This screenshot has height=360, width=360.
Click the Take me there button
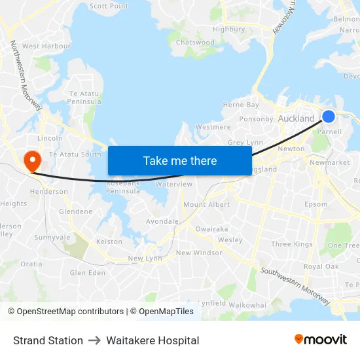pyautogui.click(x=180, y=160)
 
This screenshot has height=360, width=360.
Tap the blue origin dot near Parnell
pyautogui.click(x=329, y=117)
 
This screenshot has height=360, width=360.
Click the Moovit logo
pyautogui.click(x=321, y=340)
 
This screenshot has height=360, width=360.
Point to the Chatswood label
pyautogui.click(x=195, y=43)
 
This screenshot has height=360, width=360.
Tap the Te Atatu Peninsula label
pyautogui.click(x=85, y=98)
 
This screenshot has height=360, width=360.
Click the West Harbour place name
pyautogui.click(x=46, y=46)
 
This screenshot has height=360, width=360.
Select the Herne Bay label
pyautogui.click(x=241, y=105)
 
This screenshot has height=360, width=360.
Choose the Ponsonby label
pyautogui.click(x=256, y=119)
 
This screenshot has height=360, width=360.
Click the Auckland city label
pyautogui.click(x=296, y=118)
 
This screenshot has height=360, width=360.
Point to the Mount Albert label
pyautogui.click(x=206, y=205)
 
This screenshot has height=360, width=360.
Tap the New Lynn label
pyautogui.click(x=145, y=259)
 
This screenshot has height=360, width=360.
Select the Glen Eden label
pyautogui.click(x=87, y=273)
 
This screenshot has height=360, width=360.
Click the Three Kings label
pyautogui.click(x=292, y=244)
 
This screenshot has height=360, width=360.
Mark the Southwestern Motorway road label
pyautogui.click(x=295, y=285)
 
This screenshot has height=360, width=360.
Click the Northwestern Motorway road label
pyautogui.click(x=26, y=75)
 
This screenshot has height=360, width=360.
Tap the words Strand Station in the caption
pyautogui.click(x=48, y=340)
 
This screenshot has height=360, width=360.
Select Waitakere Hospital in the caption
pyautogui.click(x=153, y=340)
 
